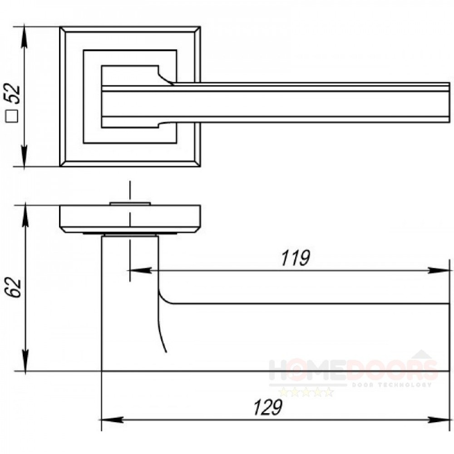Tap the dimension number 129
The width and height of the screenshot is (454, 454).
coord(267,407)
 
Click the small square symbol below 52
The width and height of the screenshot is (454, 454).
coord(12,116)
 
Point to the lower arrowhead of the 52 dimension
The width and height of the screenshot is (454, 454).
coord(24,156)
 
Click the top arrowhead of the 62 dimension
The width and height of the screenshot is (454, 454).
coord(25,216)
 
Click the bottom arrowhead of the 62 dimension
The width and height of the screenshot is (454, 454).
coord(25,360)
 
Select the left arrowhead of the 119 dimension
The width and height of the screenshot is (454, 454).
coord(141,271)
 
